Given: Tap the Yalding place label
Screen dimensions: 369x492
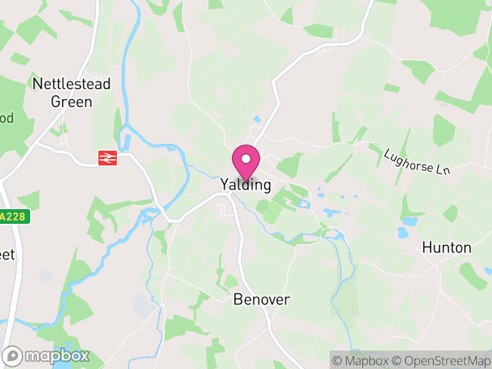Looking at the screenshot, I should tap(245, 185).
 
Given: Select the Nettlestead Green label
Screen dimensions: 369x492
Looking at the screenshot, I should tap(71, 92).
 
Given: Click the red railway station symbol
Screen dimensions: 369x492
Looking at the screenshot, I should tap(107, 158).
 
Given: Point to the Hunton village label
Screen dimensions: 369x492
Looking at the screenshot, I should tap(446, 248).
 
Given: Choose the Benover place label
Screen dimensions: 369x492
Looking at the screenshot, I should tap(261, 300).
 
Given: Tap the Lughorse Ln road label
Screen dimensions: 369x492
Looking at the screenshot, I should tap(417, 161).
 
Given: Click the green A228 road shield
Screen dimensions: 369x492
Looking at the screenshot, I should tap(14, 217).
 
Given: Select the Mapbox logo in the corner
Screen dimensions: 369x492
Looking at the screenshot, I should tap(46, 355).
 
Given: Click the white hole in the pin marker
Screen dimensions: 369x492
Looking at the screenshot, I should tap(246, 159).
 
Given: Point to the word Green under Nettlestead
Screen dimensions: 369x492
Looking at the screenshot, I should tap(71, 101).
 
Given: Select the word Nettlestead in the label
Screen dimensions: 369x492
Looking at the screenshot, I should tap(71, 84).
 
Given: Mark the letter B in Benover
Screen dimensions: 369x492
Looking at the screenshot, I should tap(238, 300).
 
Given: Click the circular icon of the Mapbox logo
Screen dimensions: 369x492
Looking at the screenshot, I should tap(12, 355).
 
